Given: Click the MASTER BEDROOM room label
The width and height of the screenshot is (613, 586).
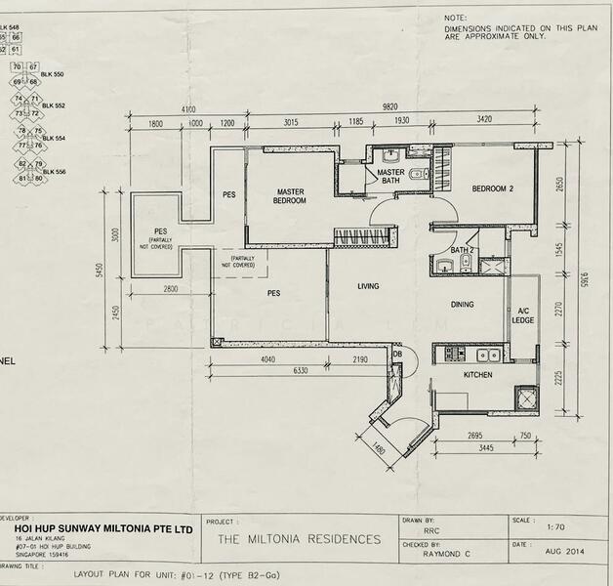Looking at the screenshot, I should coord(291,195).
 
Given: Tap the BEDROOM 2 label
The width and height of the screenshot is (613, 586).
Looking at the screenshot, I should coord(492,188).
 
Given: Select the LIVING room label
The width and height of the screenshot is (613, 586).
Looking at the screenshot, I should coord(368,286).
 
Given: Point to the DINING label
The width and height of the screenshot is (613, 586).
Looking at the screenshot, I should coord(462,305).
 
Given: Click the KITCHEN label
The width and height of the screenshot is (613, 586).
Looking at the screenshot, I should coord(477,374).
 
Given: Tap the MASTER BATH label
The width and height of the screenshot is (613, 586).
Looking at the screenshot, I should coord(390,176).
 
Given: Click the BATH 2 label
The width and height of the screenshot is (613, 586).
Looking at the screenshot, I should coord(462,250).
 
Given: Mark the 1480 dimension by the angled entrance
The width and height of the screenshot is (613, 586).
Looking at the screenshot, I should coord(379,452).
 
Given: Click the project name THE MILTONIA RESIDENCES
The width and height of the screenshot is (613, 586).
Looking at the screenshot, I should coord(299,538).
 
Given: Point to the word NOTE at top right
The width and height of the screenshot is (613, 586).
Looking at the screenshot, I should coord(455,18).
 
